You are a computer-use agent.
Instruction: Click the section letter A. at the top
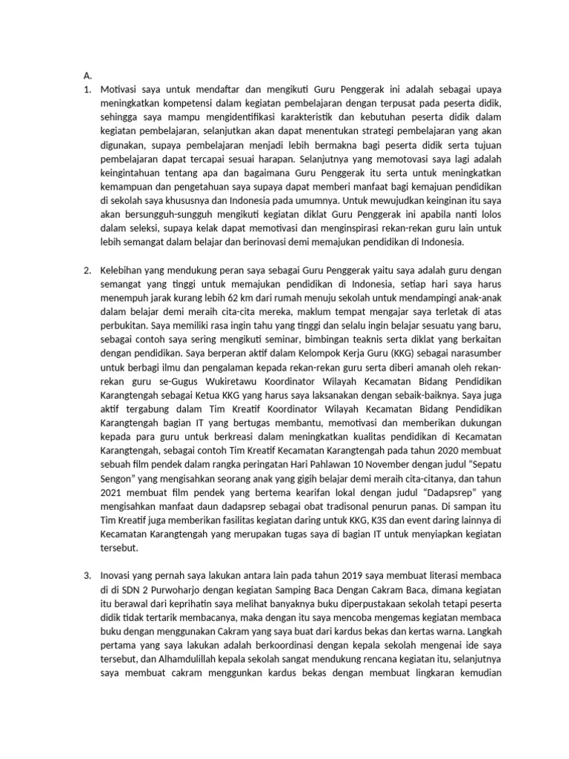pyautogui.click(x=87, y=75)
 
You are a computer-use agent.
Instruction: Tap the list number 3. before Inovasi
pyautogui.click(x=87, y=575)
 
